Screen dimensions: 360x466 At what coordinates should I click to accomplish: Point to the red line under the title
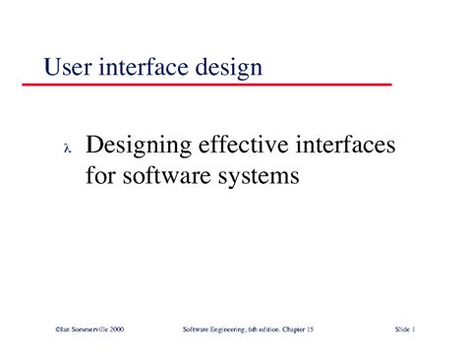point(216,86)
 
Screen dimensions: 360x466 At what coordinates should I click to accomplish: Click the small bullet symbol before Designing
point(67,150)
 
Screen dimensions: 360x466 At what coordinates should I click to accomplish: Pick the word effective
point(249,148)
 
